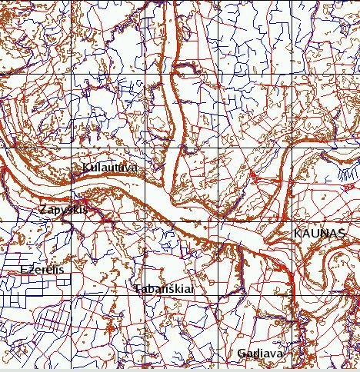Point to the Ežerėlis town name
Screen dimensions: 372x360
pos(42,270)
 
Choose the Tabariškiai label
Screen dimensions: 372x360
pos(162,289)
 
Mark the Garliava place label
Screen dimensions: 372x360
pos(260,354)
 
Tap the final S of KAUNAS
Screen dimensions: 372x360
pos(336,232)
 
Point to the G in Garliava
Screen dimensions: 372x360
pos(242,354)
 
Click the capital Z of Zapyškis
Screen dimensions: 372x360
pos(43,209)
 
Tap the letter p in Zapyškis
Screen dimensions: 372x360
pos(56,211)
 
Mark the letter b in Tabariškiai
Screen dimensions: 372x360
pos(151,289)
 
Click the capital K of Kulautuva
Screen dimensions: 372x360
pos(85,168)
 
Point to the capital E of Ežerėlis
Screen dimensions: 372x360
pos(24,270)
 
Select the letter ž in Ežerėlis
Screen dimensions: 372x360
pos(32,271)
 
